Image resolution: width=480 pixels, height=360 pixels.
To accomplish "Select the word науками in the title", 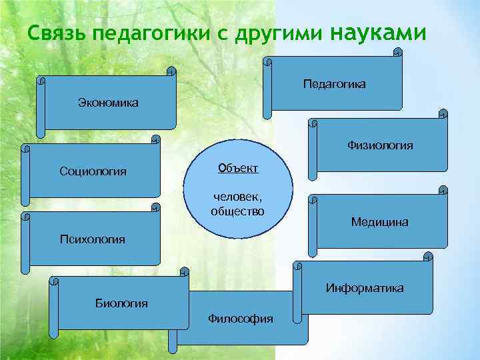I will point(377,31).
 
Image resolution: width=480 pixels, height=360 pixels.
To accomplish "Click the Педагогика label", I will point(334,85).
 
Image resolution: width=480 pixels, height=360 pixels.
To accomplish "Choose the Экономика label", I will point(108,103).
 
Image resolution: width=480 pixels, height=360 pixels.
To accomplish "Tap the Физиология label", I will point(380,145).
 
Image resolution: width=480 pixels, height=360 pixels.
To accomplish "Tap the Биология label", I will point(122,303).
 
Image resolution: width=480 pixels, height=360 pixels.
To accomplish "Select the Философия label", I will point(241,319).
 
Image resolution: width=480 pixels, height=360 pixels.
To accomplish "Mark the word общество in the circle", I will point(237,211).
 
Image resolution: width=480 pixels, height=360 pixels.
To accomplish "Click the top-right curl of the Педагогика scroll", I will point(398,51).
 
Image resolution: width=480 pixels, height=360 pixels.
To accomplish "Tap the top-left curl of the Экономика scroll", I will point(42,81).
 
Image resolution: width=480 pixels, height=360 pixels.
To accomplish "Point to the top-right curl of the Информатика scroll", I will point(429,256).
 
